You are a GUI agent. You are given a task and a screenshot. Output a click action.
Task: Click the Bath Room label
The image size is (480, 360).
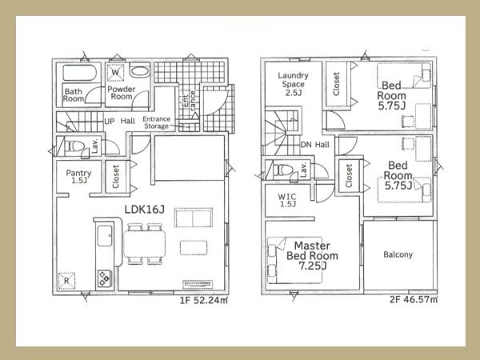[74, 95]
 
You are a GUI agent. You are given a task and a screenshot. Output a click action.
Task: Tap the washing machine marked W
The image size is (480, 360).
[115, 73]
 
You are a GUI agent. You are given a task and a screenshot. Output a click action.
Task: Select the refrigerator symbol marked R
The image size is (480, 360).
[66, 281]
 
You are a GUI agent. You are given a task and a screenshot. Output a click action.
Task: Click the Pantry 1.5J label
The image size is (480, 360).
[78, 177]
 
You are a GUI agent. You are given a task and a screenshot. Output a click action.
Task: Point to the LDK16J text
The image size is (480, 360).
[145, 210]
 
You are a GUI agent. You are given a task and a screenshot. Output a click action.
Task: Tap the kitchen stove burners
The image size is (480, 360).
[104, 278]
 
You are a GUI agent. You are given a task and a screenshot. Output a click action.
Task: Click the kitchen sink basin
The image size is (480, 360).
[105, 236]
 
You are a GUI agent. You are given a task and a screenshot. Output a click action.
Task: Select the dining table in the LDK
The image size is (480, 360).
[145, 244]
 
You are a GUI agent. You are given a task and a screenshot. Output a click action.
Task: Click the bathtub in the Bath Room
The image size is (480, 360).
[79, 73]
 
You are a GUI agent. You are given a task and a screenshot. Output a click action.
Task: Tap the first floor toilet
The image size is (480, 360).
[74, 146]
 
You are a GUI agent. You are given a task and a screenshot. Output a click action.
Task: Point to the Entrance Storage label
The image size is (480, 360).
[157, 122]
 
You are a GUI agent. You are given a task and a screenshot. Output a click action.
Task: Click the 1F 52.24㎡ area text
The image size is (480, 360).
[203, 300]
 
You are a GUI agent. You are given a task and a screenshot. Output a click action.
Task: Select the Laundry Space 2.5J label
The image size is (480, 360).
[293, 84]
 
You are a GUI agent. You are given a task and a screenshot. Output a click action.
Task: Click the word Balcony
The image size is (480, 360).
[398, 254]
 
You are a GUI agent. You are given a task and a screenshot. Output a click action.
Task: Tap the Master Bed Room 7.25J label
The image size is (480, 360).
[312, 256]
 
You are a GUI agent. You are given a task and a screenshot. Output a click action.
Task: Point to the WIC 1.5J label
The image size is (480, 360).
[287, 200]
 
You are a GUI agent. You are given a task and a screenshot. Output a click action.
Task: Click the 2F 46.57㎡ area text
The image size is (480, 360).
[414, 299]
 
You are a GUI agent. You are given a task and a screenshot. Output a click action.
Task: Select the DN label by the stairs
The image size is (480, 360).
[306, 145]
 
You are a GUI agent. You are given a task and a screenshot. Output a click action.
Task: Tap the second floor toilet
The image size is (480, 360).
[282, 170]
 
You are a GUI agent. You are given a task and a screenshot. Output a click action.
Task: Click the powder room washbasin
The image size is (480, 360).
[139, 71]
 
